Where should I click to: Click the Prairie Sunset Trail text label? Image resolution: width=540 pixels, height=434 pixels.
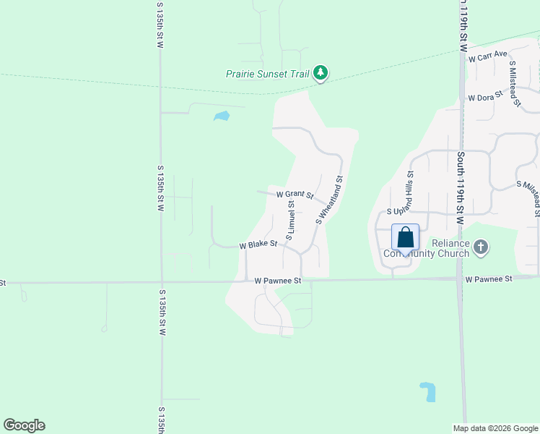point(267,74)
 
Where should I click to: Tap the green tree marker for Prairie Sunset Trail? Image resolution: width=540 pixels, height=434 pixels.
point(321,73)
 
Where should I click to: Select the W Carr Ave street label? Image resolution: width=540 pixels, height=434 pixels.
point(488,57)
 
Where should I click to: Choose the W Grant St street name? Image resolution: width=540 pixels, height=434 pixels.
point(295,195)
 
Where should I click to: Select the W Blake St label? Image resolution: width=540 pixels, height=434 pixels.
point(258,244)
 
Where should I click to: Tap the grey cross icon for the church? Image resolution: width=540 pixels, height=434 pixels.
point(481,248)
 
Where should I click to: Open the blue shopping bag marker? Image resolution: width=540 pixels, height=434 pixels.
point(406,237)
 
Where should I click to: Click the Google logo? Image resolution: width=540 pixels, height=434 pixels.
point(24,425)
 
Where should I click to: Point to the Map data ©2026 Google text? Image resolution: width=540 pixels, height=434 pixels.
point(495,428)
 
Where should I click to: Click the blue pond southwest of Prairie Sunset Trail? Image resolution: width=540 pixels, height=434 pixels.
point(222,116)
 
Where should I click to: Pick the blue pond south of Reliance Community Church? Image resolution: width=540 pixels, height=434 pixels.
point(428,391)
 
